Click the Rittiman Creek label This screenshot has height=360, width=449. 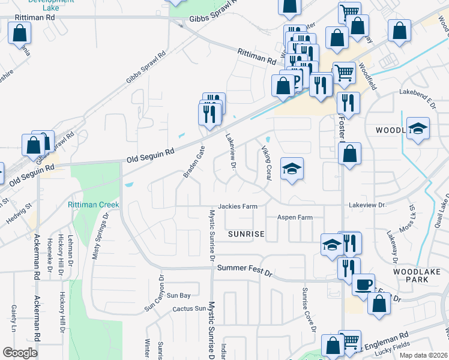point(94,205)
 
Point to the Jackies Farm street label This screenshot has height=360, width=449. point(238,206)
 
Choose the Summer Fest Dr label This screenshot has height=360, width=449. point(245,269)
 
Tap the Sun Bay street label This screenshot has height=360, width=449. point(178,295)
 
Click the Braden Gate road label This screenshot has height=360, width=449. point(194,161)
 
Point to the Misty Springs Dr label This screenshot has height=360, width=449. point(100,237)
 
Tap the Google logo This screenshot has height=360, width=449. point(20,353)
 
